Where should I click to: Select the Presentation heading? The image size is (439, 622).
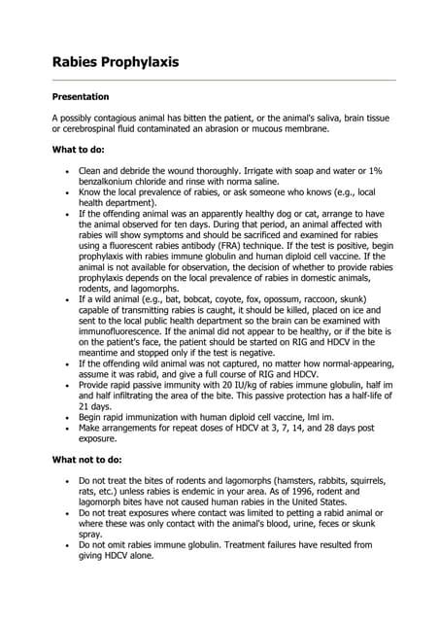pyautogui.click(x=80, y=97)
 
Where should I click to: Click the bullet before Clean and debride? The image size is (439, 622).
pyautogui.click(x=66, y=171)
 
